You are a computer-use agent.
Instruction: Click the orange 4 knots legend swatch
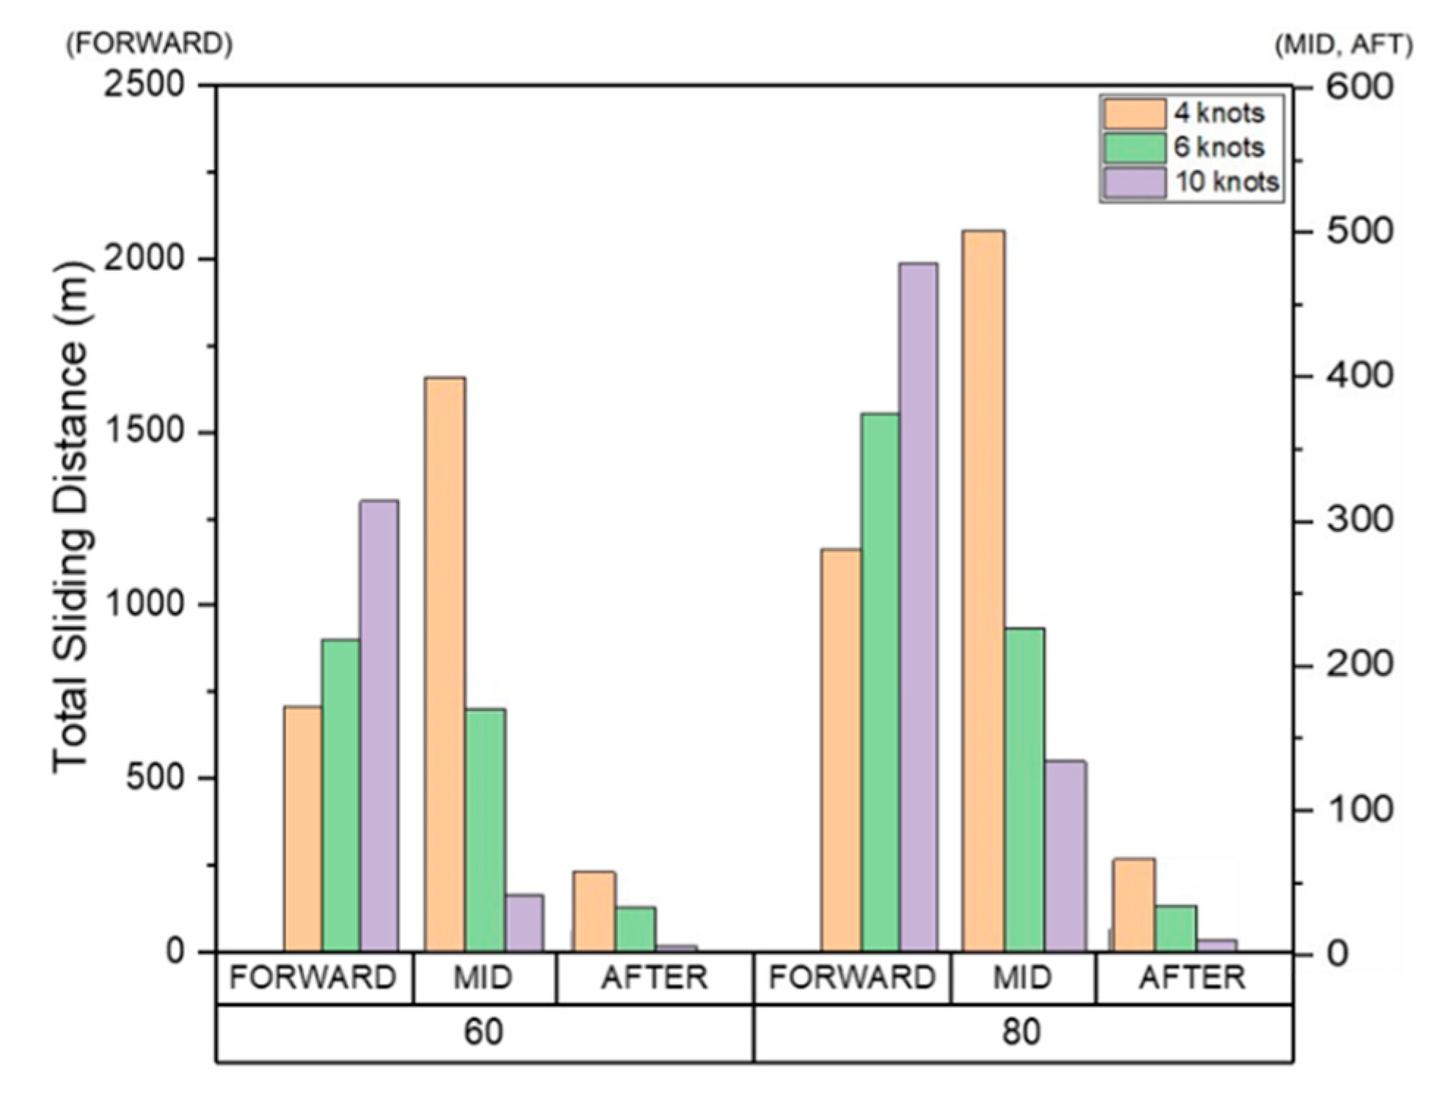tap(1134, 114)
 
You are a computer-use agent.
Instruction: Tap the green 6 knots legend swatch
tap(1134, 147)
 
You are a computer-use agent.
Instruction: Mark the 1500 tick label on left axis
tap(144, 431)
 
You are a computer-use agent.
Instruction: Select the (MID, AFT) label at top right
tap(1344, 46)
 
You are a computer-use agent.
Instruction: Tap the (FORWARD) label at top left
tap(150, 45)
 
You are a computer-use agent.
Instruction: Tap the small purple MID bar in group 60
tap(524, 922)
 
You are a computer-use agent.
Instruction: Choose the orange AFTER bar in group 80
tap(1134, 904)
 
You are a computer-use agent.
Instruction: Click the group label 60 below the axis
tap(484, 1032)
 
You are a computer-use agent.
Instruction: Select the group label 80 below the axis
tap(1021, 1032)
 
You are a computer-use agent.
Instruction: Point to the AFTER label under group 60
tap(655, 978)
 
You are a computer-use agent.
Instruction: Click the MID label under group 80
tap(1022, 978)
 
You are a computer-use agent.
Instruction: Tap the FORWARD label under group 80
tap(852, 978)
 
